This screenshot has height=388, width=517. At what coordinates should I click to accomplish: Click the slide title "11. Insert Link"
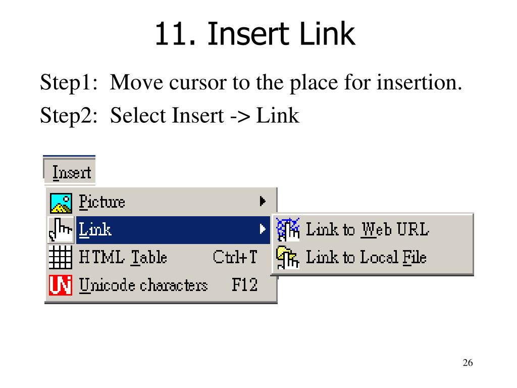click(254, 34)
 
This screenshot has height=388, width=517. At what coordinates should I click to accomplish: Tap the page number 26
click(467, 363)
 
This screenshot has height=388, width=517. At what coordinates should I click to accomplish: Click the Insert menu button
click(71, 172)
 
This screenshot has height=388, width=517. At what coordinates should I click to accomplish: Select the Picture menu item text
click(102, 202)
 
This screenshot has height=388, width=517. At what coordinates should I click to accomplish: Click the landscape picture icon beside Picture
click(61, 203)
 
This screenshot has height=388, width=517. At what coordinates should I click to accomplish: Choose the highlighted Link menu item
click(96, 230)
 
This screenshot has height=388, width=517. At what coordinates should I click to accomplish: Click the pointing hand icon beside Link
click(61, 230)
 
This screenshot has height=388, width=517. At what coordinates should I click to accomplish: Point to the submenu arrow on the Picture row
click(263, 202)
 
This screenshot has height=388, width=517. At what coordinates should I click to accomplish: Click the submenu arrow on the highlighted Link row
click(263, 229)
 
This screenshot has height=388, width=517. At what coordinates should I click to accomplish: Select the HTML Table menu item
click(123, 258)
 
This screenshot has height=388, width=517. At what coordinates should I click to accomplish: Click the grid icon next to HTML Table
click(61, 258)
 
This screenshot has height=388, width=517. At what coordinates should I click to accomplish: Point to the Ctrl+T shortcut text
click(235, 258)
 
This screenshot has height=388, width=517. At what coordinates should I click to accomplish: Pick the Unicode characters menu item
click(143, 285)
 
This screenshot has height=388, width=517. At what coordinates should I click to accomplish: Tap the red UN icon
click(61, 285)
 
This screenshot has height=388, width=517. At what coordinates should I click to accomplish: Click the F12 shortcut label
click(244, 285)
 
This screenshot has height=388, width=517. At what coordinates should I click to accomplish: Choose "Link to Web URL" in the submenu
click(367, 229)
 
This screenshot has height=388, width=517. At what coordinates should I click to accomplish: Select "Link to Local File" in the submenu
click(366, 258)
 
